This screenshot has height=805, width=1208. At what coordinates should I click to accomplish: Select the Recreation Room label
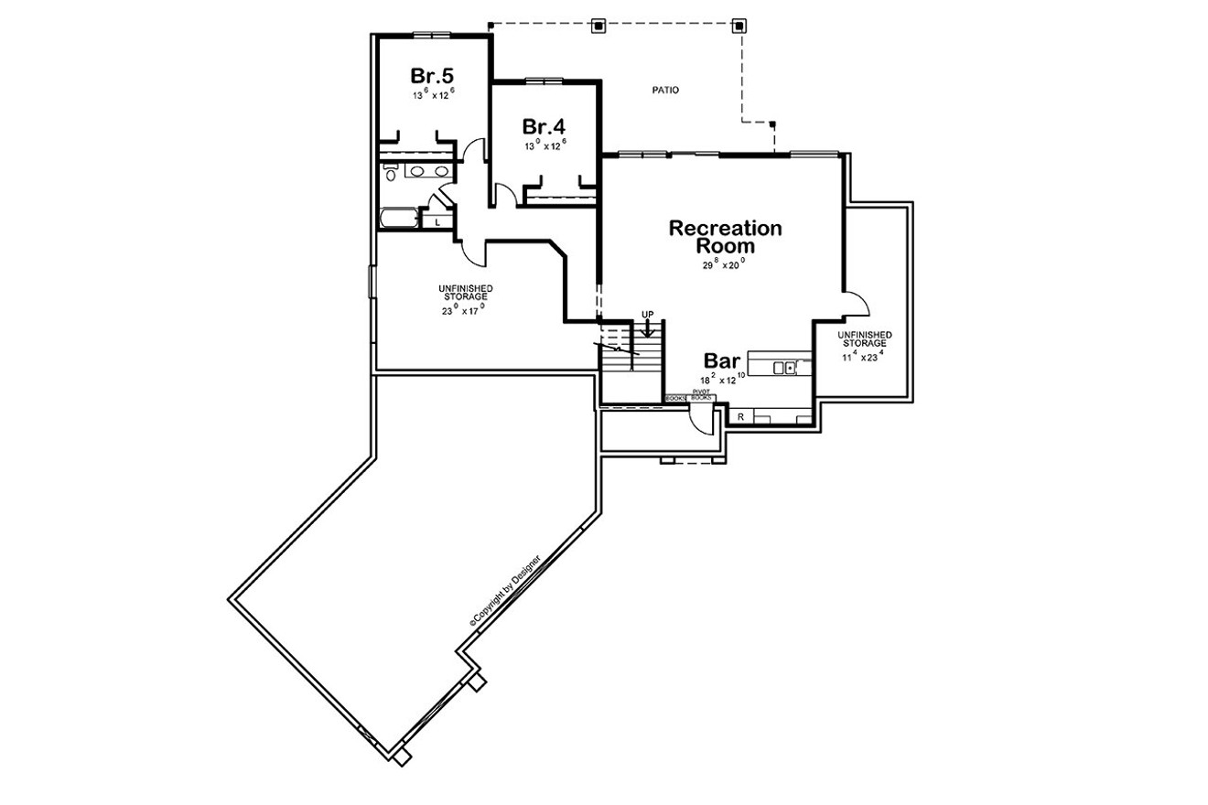point(725,237)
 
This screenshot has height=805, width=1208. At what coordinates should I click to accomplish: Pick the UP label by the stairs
point(648,315)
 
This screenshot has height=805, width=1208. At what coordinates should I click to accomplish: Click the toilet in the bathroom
point(390,173)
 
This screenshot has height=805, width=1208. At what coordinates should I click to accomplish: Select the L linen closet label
point(437,222)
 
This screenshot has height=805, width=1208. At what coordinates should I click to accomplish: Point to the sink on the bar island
point(784,368)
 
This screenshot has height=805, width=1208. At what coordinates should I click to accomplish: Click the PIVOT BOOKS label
point(701,395)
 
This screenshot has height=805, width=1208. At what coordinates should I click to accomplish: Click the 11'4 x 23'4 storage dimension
point(861,356)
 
